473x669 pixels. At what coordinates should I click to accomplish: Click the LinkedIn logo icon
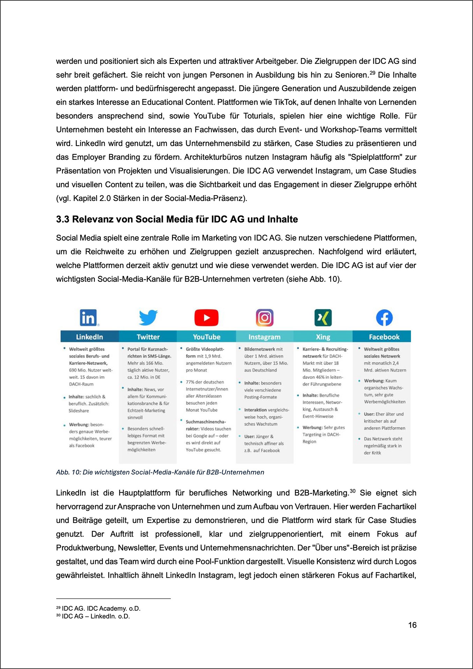click(89, 317)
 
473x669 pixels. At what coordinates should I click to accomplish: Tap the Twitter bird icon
click(148, 317)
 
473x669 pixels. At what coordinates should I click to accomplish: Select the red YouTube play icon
click(206, 317)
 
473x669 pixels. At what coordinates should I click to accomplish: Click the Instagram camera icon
click(265, 317)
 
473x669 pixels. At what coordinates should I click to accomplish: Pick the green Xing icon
click(323, 317)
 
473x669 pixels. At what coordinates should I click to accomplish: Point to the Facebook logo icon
click(384, 317)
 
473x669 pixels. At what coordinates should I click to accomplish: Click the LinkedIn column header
click(90, 337)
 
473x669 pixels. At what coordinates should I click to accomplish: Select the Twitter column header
click(148, 337)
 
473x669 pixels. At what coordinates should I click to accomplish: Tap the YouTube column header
click(207, 337)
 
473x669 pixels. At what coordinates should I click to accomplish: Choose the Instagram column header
click(265, 337)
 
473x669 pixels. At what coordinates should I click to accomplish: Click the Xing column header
click(323, 337)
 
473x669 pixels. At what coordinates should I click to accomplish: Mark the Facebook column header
click(384, 337)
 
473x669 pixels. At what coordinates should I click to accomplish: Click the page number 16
click(412, 625)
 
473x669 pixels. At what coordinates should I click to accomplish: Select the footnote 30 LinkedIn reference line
click(96, 616)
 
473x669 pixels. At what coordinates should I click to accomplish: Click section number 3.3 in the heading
click(63, 219)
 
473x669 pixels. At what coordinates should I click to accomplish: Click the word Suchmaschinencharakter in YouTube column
click(206, 422)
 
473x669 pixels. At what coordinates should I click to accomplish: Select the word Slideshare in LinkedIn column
click(79, 410)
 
